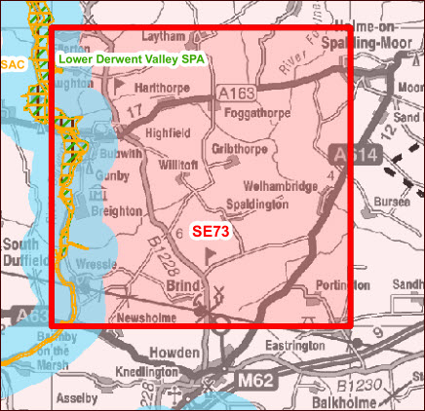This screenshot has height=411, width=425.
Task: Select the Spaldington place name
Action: (255, 205)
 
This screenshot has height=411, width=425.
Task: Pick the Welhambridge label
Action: (277, 185)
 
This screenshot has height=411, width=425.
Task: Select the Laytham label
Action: (163, 36)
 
